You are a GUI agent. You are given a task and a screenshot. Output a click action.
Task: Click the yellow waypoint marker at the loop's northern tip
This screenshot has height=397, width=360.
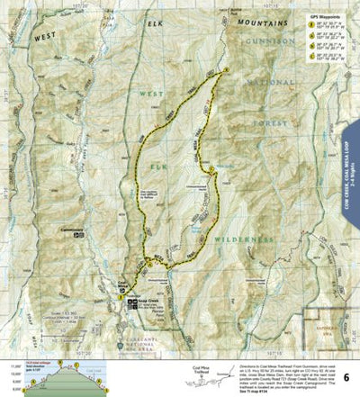point(226,69)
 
